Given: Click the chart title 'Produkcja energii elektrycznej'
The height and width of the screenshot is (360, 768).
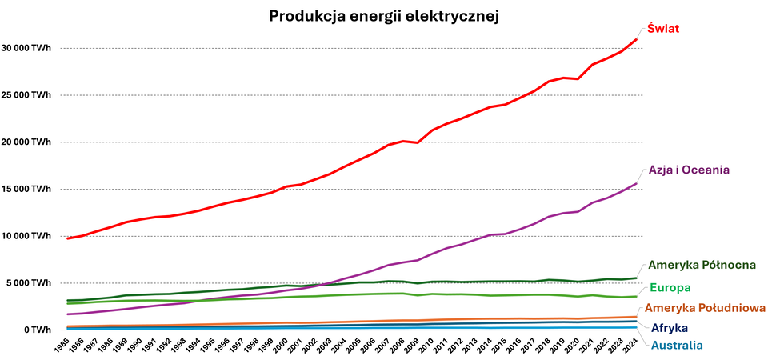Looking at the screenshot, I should point(384,16).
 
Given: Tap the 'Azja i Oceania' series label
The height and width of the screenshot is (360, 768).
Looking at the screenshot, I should point(689,170).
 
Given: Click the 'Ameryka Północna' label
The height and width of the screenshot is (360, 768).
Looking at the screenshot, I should point(702,265).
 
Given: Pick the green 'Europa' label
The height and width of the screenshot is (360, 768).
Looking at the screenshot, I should point(670,287).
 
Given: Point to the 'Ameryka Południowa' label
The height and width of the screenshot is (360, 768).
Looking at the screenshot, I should point(705,308).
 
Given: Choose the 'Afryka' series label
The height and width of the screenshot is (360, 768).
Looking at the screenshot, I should point(669,328).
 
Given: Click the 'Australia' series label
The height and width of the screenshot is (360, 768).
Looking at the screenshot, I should point(677,346).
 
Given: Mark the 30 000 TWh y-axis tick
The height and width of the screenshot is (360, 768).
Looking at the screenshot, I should point(26,48).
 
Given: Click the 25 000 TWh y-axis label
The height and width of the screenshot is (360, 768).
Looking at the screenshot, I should point(26,95).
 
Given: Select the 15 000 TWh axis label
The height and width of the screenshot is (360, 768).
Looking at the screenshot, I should point(26,190).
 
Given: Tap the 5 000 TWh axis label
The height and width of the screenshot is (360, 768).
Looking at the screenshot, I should point(29,283).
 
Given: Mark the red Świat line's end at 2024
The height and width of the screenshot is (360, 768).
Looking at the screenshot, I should point(636,39).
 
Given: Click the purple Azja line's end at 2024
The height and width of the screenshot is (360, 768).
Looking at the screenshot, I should point(636,183).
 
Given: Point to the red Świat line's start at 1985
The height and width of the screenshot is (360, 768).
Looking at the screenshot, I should point(69,238).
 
